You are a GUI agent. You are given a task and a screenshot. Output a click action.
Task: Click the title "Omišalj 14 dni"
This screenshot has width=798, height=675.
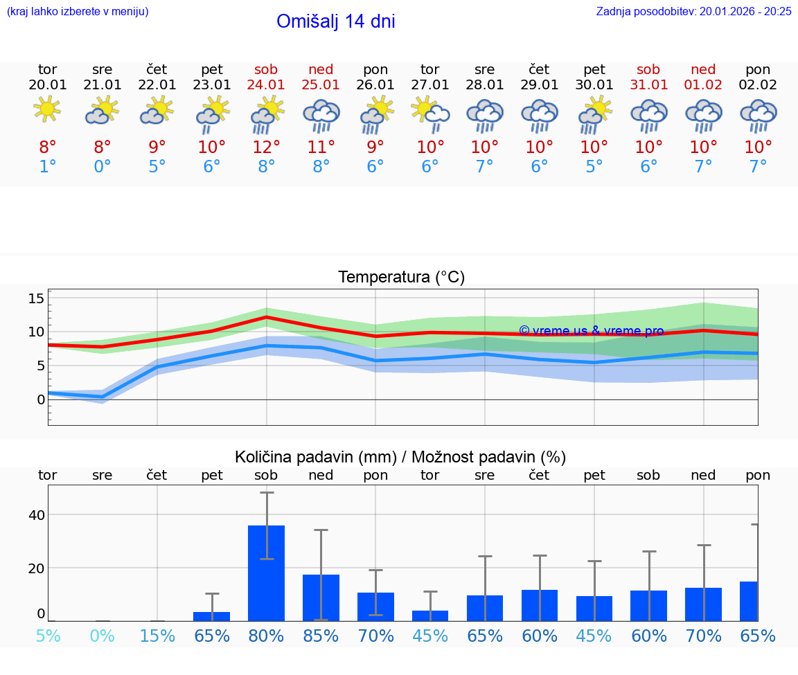click(x=335, y=21)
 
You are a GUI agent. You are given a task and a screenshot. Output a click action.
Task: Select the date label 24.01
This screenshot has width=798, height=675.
click(x=266, y=84)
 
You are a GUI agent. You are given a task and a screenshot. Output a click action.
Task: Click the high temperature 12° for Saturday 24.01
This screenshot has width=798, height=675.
click(x=266, y=147)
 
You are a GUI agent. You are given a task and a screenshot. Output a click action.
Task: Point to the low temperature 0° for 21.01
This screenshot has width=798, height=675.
click(x=103, y=167)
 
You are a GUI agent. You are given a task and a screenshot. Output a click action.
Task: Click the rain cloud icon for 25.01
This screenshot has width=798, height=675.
click(x=321, y=115)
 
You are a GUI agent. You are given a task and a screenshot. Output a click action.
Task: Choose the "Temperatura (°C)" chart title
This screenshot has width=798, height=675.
click(x=401, y=278)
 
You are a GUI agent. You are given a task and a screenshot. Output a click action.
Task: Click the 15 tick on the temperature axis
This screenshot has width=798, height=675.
click(x=36, y=298)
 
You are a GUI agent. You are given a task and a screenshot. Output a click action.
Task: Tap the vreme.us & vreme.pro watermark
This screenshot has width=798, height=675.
click(x=591, y=331)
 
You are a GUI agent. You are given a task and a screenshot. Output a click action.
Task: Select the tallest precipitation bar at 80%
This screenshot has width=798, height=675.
click(x=266, y=573)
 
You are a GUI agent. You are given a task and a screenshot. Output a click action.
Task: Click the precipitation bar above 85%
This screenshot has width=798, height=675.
click(x=321, y=597)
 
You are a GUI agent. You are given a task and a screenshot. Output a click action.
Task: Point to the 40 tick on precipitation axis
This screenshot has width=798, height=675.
click(x=36, y=515)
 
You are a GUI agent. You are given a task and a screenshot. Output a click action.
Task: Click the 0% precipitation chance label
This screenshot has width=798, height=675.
click(x=103, y=636)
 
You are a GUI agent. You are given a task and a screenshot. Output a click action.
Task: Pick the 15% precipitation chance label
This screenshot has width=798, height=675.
click(x=157, y=636)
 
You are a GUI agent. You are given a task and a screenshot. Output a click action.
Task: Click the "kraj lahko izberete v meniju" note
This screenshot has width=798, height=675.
click(x=78, y=11)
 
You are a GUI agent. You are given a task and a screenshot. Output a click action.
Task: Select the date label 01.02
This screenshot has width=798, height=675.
click(x=703, y=84)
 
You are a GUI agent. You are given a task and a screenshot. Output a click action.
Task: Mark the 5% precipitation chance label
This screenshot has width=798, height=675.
click(x=48, y=636)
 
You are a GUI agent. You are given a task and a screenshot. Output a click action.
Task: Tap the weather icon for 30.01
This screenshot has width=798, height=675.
click(x=594, y=115)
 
